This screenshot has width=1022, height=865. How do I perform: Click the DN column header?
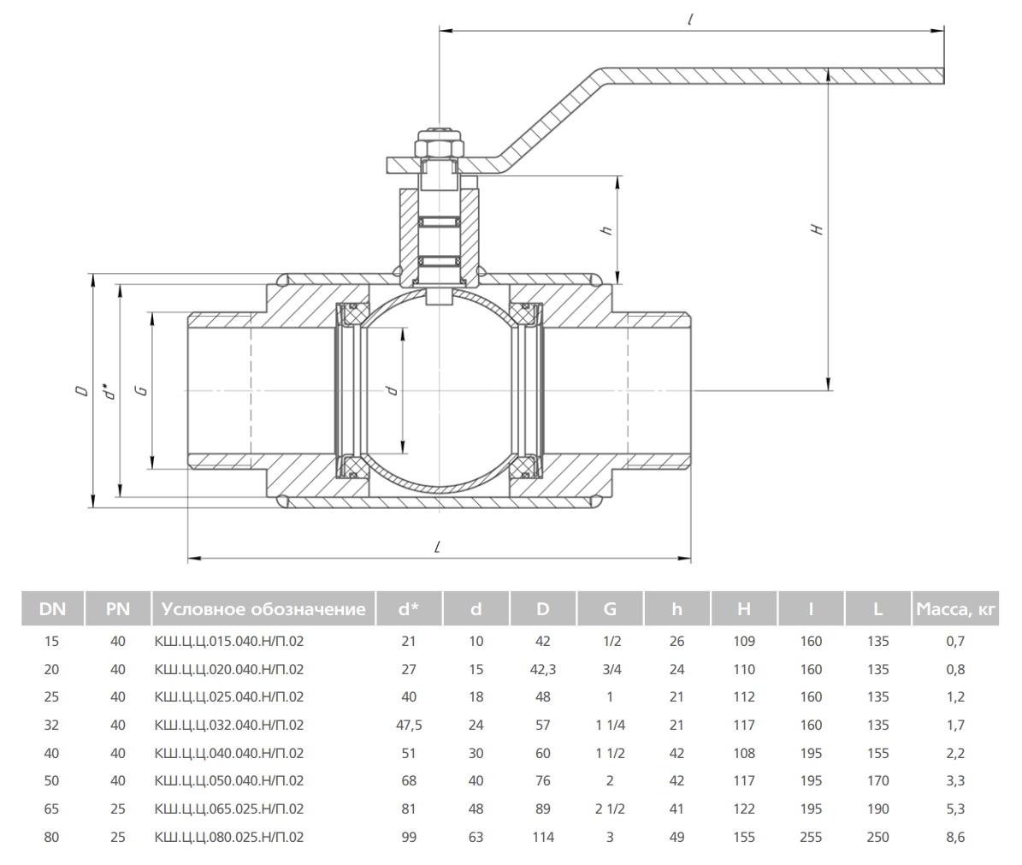coord(52,609)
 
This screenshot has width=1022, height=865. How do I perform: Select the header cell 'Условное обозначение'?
coord(263,609)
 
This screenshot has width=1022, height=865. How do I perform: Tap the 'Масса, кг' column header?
coord(955,609)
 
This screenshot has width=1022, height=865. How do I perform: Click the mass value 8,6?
coord(955,837)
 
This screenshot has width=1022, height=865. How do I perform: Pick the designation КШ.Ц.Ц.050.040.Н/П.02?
coord(228,780)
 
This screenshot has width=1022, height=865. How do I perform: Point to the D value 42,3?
coord(543,669)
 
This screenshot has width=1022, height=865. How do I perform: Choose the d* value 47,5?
coord(409,725)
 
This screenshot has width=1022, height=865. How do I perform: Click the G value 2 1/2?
coord(610,809)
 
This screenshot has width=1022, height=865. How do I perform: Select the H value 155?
coord(744,837)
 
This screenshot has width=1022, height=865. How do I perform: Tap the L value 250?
coord(877,837)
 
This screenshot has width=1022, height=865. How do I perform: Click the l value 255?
coord(811,837)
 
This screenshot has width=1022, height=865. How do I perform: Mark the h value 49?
coord(676,837)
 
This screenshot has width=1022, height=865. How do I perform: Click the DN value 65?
coord(52,809)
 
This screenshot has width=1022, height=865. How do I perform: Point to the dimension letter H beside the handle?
coord(817,229)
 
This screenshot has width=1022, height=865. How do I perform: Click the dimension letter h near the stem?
coord(606,230)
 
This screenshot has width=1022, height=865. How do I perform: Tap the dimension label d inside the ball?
coord(392,390)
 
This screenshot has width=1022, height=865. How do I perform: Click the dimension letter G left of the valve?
coord(142,390)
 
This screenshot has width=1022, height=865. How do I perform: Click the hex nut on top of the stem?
coord(439,146)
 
